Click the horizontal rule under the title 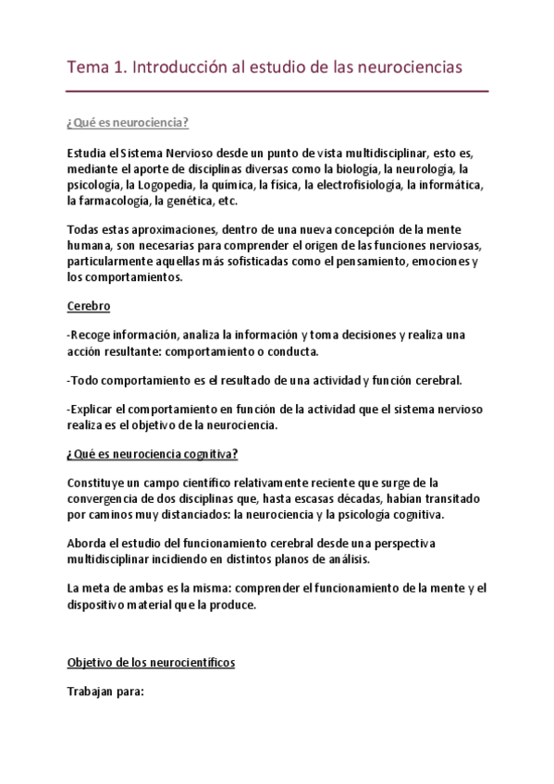(277, 92)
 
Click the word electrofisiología (351, 185)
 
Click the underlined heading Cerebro (88, 306)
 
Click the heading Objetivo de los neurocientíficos (152, 662)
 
